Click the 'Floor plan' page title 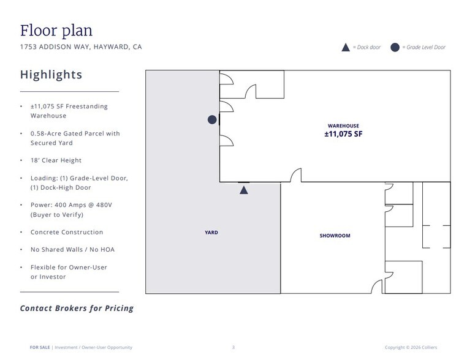(x=56, y=31)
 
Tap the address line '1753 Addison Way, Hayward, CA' (x=81, y=47)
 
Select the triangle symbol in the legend (x=346, y=47)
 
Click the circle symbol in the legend (x=395, y=47)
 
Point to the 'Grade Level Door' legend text (x=426, y=47)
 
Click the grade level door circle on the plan (x=212, y=119)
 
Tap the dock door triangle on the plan (x=244, y=190)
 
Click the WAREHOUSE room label (x=343, y=126)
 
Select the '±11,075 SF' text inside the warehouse (x=343, y=134)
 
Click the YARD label (x=211, y=233)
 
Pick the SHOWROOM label (x=335, y=236)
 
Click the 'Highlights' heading (x=51, y=75)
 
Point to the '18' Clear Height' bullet (x=56, y=160)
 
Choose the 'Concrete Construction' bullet (x=67, y=232)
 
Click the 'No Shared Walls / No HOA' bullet (x=72, y=250)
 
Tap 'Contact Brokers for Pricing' (x=77, y=308)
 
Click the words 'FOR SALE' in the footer (x=40, y=347)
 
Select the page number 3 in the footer (x=233, y=347)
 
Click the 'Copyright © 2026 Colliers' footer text (x=411, y=347)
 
